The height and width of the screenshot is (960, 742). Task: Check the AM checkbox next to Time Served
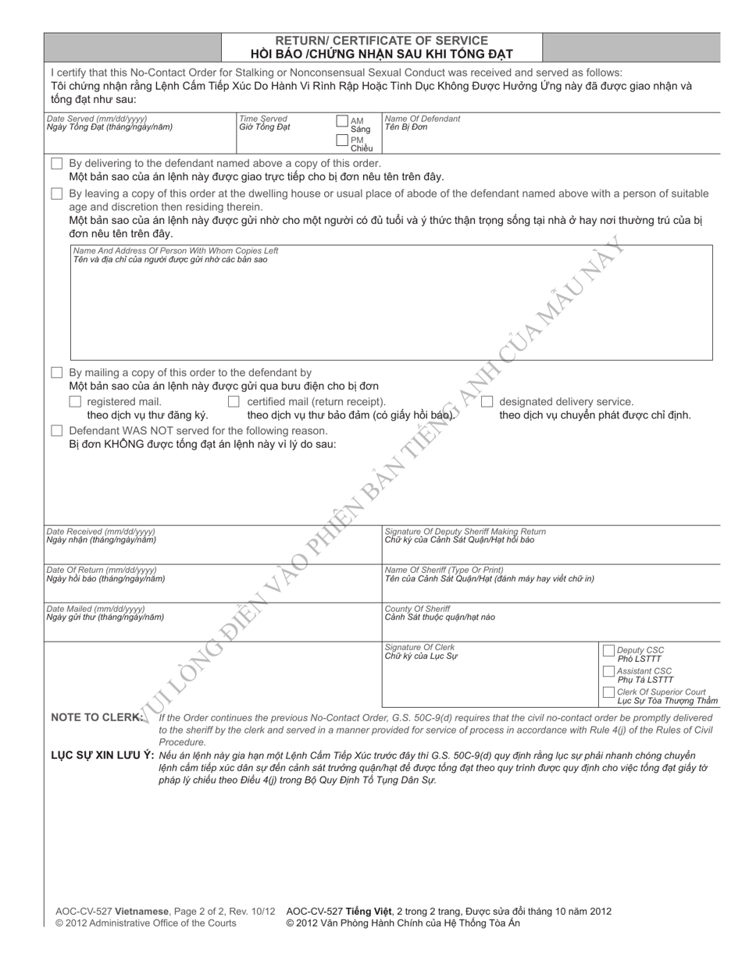click(342, 121)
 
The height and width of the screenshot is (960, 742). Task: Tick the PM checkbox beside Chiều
click(342, 140)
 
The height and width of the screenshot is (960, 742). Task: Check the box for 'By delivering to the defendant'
click(56, 164)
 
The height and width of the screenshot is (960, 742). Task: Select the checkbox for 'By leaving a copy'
click(56, 194)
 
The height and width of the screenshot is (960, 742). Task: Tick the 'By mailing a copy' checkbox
click(56, 373)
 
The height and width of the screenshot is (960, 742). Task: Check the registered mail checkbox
click(75, 402)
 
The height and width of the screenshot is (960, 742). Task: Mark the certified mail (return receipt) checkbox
click(234, 402)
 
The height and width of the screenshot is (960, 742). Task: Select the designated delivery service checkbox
click(487, 402)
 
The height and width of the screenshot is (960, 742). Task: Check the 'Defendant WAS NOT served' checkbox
click(56, 431)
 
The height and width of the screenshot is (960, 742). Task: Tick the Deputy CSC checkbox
click(608, 651)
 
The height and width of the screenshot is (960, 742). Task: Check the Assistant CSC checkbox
click(608, 671)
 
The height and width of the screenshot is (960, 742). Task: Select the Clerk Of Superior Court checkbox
click(608, 692)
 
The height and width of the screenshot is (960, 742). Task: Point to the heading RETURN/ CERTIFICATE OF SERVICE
click(381, 41)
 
